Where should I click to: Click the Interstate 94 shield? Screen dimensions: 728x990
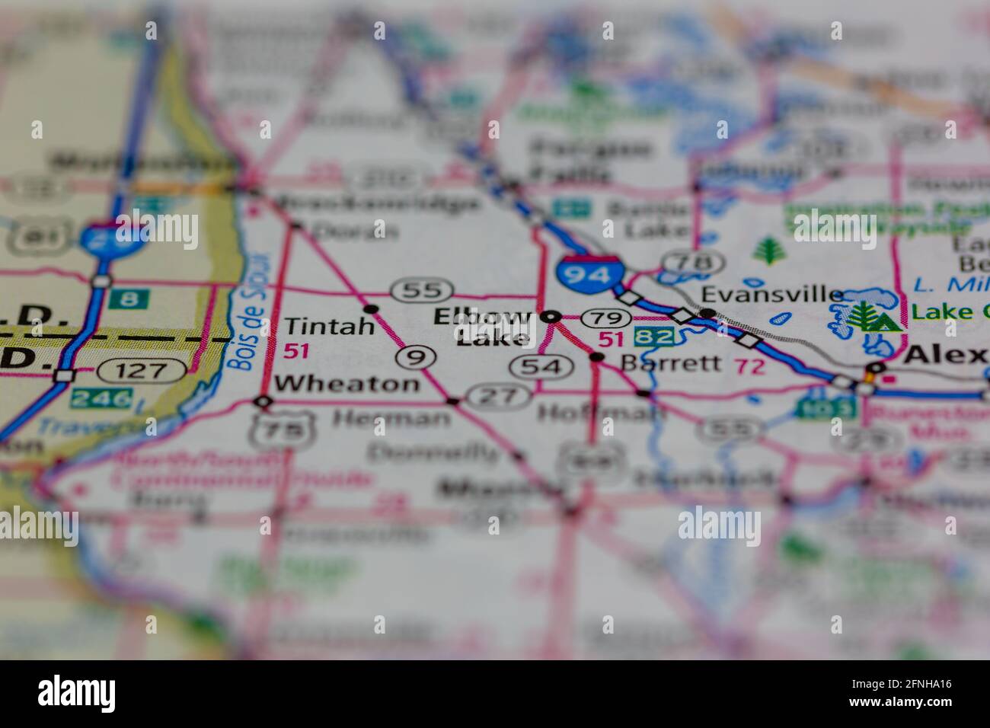point(589,272)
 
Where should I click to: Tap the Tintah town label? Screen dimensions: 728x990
point(330,326)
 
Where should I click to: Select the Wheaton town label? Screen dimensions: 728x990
point(346,383)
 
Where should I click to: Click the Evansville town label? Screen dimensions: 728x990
point(771,294)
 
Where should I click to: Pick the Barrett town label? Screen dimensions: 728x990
point(670,362)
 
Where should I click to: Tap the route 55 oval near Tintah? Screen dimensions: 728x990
point(422,290)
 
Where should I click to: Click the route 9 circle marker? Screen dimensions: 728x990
point(416,356)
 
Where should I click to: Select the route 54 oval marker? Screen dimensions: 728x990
point(541,367)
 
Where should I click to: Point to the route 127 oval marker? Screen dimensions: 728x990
point(142,372)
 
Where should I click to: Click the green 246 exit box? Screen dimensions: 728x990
point(101,398)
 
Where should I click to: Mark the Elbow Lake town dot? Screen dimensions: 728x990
point(551,316)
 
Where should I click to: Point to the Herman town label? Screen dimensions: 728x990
point(391,417)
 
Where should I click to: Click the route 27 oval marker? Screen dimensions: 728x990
point(500,395)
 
